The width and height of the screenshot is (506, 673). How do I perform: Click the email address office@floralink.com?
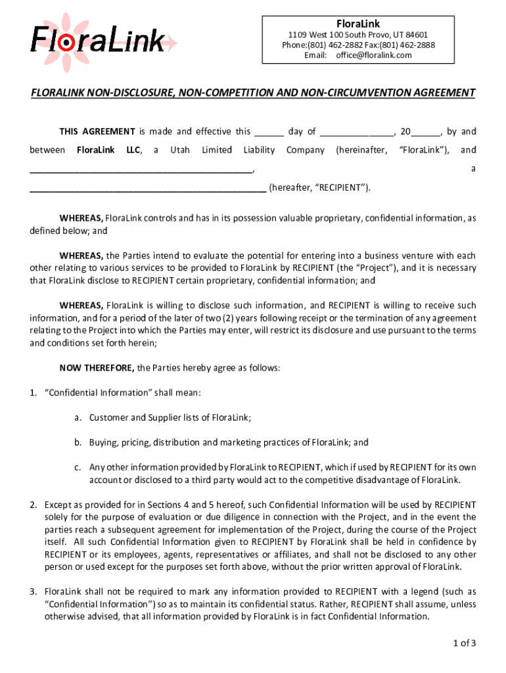(374, 55)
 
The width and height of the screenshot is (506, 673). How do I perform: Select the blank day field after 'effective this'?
(268, 132)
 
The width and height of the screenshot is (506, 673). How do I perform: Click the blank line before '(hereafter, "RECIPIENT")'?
(148, 188)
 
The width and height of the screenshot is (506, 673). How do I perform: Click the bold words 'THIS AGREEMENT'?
(97, 131)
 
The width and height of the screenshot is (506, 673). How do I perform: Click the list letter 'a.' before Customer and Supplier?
(78, 417)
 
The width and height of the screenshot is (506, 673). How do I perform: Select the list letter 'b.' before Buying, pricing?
(78, 442)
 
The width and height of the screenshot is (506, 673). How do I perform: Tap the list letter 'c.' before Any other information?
(78, 467)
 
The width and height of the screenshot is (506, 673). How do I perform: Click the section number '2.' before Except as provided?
(33, 505)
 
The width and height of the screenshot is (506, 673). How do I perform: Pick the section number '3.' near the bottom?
(33, 592)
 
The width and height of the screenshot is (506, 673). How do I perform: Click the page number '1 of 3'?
(461, 643)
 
